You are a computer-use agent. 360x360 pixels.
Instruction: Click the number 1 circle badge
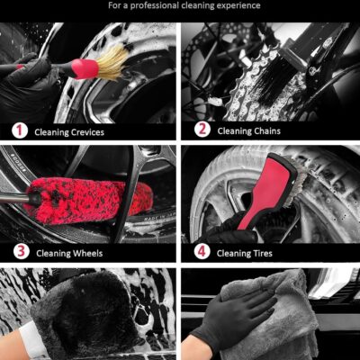tap(20, 131)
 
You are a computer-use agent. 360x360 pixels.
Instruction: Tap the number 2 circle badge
tap(202, 130)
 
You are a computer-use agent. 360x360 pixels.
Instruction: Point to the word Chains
tap(267, 130)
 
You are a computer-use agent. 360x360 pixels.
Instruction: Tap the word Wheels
tap(87, 253)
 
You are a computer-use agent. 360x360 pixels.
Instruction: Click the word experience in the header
tap(234, 5)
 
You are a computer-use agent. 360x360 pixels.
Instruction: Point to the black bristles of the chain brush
tap(276, 82)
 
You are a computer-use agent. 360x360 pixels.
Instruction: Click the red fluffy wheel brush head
tap(90, 201)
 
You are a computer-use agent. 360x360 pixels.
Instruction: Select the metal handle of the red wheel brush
tap(15, 198)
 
